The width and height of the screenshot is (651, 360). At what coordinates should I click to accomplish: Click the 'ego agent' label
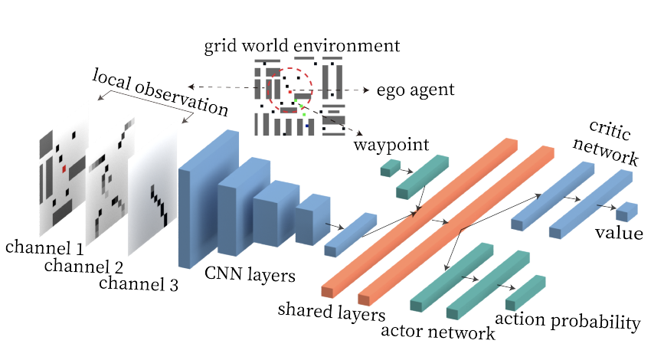(415, 90)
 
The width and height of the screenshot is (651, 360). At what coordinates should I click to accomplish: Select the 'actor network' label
(437, 332)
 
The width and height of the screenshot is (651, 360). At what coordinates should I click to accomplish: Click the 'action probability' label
(567, 321)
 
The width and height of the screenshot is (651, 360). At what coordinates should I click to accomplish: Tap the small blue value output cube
(626, 212)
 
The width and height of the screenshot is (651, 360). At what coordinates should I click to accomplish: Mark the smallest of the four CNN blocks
(312, 221)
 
